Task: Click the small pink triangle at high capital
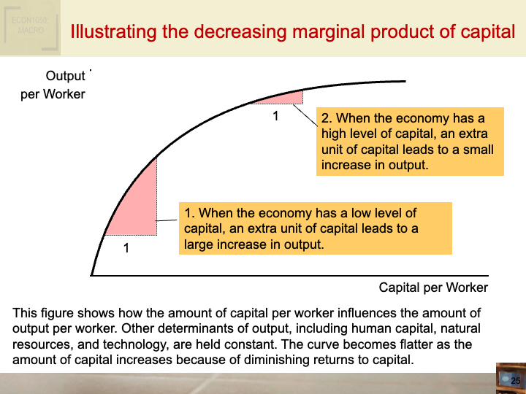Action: pyautogui.click(x=288, y=98)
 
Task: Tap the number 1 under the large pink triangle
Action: pyautogui.click(x=126, y=248)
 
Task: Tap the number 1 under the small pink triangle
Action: pyautogui.click(x=275, y=115)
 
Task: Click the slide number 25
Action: pyautogui.click(x=515, y=381)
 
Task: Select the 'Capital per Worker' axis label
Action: pyautogui.click(x=433, y=287)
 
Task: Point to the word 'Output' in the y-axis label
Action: pyautogui.click(x=66, y=77)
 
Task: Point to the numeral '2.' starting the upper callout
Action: pyautogui.click(x=327, y=118)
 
